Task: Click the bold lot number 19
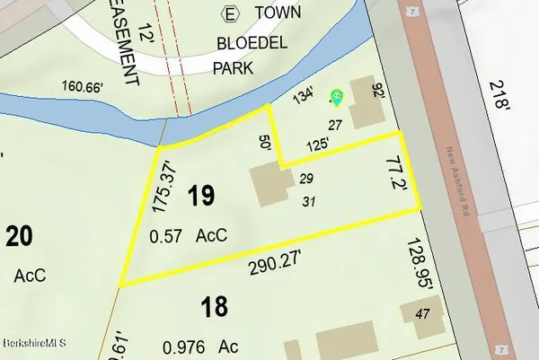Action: tap(202, 197)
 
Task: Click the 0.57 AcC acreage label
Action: tap(188, 236)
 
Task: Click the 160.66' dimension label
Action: tap(85, 89)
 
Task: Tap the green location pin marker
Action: tap(337, 96)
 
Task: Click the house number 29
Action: tap(305, 180)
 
